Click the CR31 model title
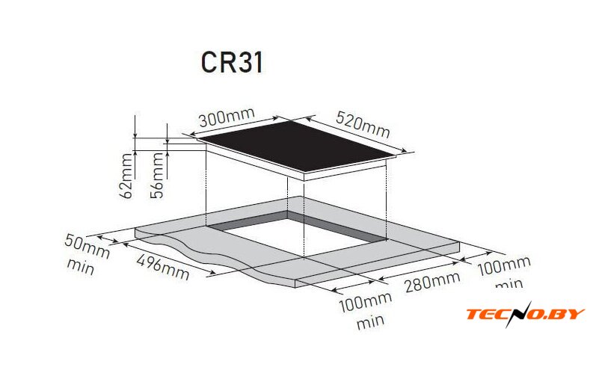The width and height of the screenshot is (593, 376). pos(232,62)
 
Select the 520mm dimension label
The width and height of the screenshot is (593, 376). pos(363,124)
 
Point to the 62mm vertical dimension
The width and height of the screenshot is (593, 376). pos(127,176)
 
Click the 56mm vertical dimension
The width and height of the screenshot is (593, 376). pos(157,176)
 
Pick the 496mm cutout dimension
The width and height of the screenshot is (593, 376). pos(162,267)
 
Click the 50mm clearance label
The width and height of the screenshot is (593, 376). pos(87,246)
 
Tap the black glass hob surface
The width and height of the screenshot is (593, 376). pos(298,146)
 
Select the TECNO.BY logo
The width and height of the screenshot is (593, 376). pos(525,314)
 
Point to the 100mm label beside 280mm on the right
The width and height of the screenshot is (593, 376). pos(504,266)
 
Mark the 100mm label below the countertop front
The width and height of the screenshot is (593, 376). pos(366,301)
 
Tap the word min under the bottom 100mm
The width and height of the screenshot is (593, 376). pos(371,322)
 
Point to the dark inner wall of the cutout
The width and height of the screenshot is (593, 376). pos(337,226)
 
